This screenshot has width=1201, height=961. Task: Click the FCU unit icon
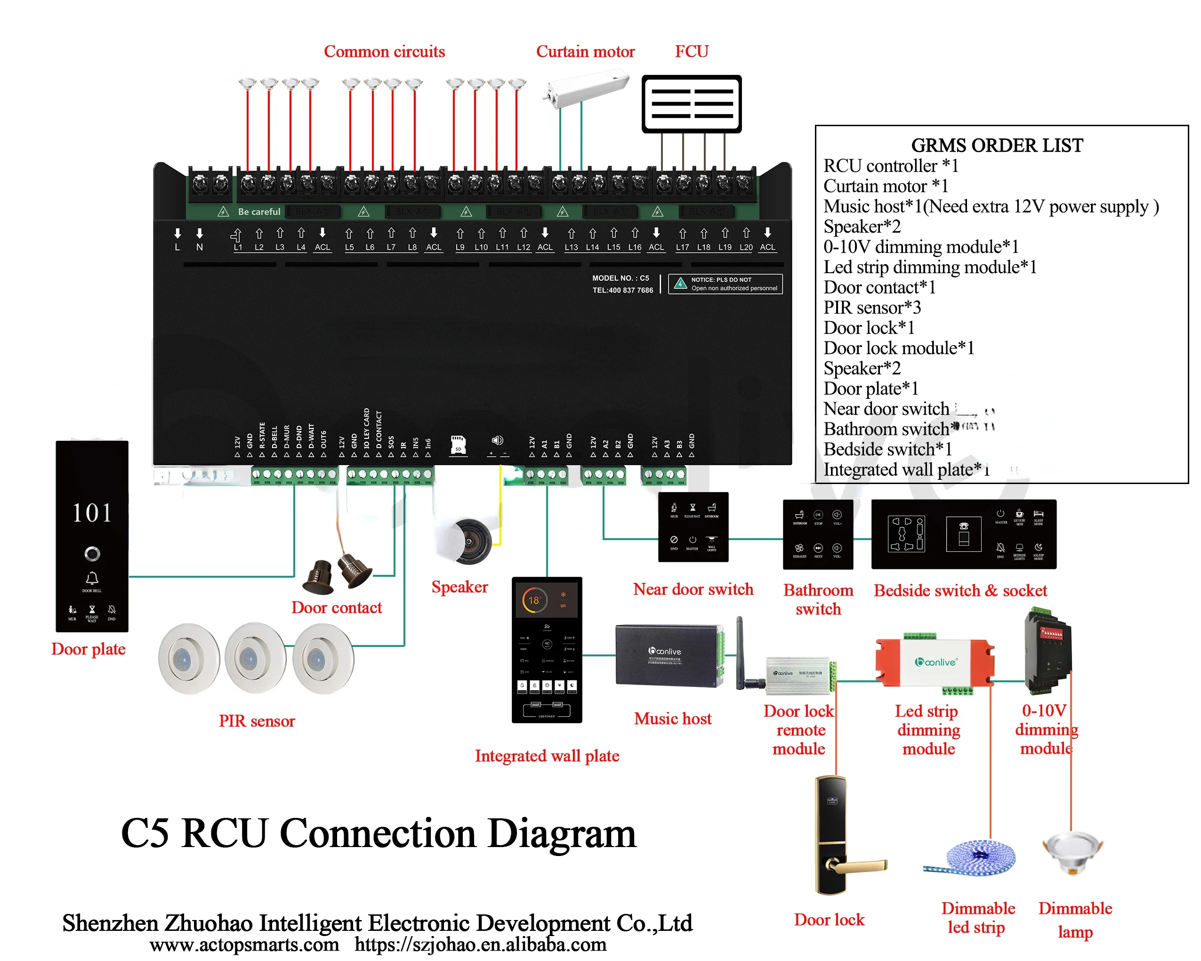(691, 104)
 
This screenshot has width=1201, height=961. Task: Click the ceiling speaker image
(469, 541)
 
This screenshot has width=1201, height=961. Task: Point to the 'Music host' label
(672, 719)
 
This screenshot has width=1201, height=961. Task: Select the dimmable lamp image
(1073, 852)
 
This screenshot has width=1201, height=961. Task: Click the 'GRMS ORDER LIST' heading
(997, 145)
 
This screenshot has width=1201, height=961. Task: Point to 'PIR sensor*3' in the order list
(872, 307)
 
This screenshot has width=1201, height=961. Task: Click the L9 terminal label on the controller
(460, 247)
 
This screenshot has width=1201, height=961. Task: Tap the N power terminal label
(200, 247)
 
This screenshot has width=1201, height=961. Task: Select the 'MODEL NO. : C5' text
(620, 278)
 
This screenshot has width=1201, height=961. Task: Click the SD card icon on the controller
(458, 444)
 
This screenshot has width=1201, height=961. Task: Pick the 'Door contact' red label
(337, 608)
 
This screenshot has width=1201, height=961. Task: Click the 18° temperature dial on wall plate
(534, 600)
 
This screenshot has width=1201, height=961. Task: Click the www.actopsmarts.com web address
(244, 945)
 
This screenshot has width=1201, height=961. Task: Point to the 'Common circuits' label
(384, 52)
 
